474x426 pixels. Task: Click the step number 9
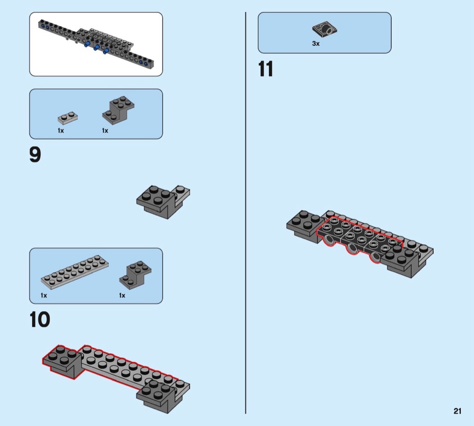coord(35,155)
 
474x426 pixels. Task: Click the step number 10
coord(40,320)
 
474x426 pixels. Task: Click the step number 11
coord(266,69)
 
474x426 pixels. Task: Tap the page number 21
coord(457,411)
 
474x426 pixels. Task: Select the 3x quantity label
coord(316,44)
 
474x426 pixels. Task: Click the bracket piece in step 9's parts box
coord(118,109)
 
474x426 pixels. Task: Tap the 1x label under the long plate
coord(44,295)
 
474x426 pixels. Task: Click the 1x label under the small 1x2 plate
coord(60,131)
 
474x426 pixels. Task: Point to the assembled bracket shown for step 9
coord(163,201)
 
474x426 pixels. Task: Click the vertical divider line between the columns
coord(246,213)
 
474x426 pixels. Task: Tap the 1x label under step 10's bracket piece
coord(122,295)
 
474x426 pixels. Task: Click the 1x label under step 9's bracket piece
coord(105,131)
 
